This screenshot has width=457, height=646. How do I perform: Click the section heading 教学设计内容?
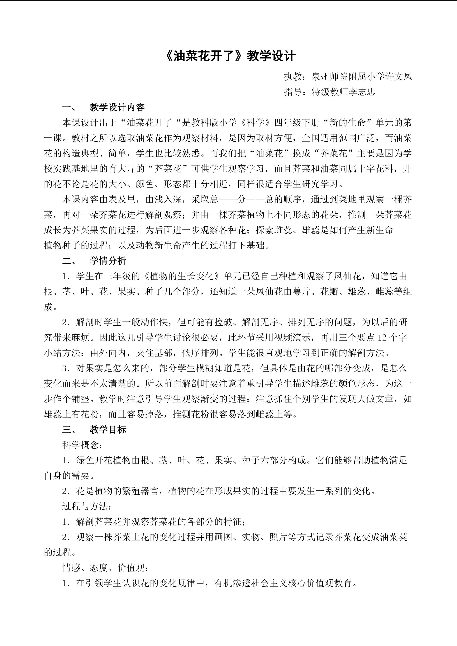[x=117, y=107]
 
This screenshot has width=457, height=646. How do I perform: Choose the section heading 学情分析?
[x=108, y=261]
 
